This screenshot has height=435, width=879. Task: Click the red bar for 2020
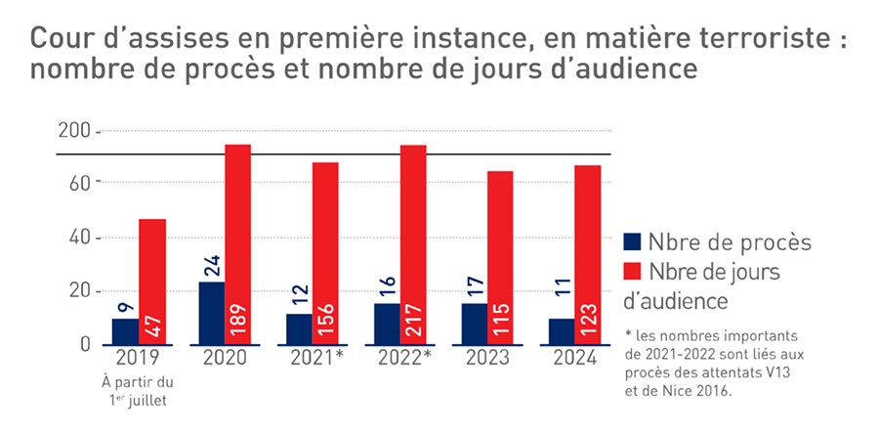click(237, 244)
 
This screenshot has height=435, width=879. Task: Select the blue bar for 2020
click(211, 313)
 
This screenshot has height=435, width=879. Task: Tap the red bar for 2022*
click(412, 244)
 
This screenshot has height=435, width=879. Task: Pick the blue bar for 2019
click(125, 331)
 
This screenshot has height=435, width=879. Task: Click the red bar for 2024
click(587, 254)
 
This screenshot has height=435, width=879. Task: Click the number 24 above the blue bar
click(211, 264)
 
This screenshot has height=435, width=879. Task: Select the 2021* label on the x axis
click(316, 358)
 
